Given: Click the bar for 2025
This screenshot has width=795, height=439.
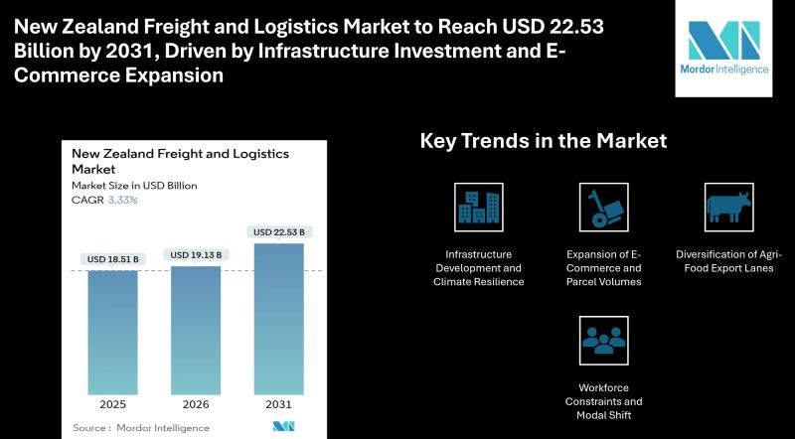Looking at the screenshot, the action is [x=112, y=333].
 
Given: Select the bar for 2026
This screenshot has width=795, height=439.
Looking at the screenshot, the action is [x=196, y=331].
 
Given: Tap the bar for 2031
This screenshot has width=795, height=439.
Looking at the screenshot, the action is [x=279, y=320].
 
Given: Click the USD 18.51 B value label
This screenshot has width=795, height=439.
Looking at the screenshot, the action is [x=112, y=259].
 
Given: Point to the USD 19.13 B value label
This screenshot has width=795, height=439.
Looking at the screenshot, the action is [x=196, y=255].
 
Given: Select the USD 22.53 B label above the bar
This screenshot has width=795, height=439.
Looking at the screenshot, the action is [x=279, y=232].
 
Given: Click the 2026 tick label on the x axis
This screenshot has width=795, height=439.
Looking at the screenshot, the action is [x=196, y=404].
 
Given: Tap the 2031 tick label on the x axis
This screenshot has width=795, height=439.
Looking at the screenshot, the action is [x=279, y=404].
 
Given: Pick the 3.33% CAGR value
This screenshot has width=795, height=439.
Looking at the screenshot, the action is [x=122, y=200].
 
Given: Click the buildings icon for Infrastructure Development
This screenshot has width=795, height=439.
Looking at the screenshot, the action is [x=479, y=208].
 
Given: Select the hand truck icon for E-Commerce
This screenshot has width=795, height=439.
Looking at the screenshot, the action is [x=604, y=208].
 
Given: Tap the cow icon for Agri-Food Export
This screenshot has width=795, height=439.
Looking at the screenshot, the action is [x=729, y=208].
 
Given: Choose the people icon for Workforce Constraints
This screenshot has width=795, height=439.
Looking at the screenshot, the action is [x=604, y=341].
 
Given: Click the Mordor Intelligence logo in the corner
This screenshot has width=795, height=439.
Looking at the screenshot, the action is [x=724, y=48].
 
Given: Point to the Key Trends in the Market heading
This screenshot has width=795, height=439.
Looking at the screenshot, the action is [x=544, y=140].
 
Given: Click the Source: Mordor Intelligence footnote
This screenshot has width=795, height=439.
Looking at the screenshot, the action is [x=141, y=428].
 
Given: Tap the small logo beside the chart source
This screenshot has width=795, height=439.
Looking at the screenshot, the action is [x=283, y=426].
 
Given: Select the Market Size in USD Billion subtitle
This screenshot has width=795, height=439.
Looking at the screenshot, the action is [x=134, y=186].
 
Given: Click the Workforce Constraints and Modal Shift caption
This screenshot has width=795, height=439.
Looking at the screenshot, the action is [x=604, y=401].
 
